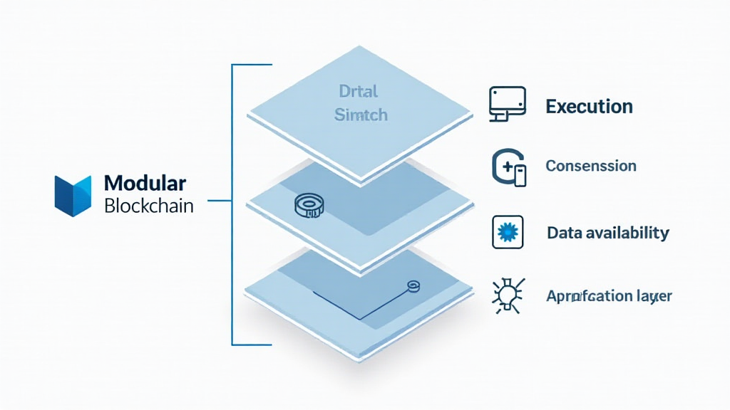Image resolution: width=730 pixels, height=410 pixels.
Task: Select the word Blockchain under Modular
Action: coord(148,206)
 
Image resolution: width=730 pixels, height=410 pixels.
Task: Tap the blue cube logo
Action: coord(73,194)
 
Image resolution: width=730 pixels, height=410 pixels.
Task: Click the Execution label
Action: coord(589,107)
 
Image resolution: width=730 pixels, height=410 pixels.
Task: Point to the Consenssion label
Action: coord(590,166)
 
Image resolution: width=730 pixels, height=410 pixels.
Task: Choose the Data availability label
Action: coord(607,233)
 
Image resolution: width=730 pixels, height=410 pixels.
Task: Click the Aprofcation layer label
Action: coord(609,295)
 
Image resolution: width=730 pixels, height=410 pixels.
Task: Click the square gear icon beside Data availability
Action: coord(508,233)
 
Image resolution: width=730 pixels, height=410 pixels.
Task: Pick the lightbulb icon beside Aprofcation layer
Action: coord(508,295)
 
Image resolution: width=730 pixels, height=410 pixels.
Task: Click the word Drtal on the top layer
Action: coord(359,92)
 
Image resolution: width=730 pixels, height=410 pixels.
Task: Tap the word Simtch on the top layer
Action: coord(361,115)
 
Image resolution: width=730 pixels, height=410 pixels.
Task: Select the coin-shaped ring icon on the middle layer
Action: coord(308,207)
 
